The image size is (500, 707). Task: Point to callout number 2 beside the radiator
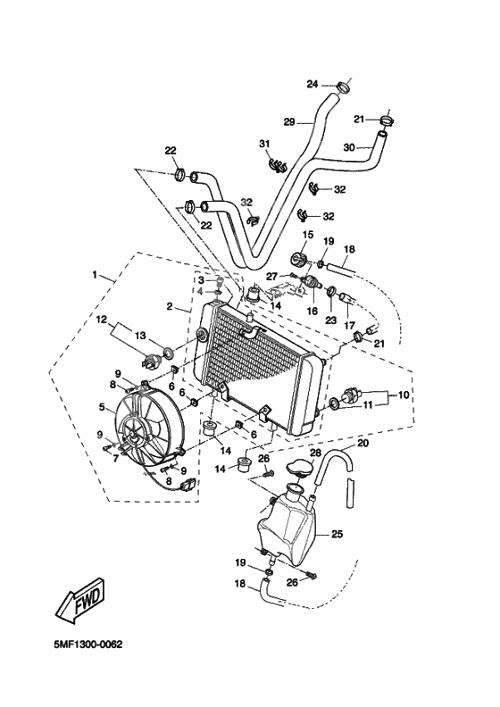pos(169,305)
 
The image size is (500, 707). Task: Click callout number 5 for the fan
pos(103,408)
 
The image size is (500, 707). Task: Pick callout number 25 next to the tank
pos(337,535)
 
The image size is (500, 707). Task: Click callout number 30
pos(349,146)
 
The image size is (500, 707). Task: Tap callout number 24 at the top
pos(312,85)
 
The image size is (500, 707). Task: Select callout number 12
pos(102,319)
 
